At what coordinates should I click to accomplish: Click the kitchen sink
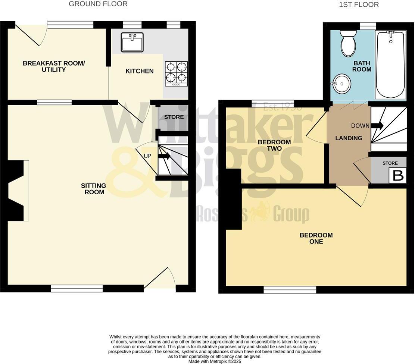[x=132, y=42]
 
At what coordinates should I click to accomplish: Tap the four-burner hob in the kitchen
[x=177, y=73]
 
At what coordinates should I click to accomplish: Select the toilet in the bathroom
[x=349, y=43]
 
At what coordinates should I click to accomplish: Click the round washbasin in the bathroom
[x=341, y=84]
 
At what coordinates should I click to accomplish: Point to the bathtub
[x=390, y=65]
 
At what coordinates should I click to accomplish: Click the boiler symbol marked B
[x=398, y=176]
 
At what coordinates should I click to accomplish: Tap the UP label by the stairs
[x=147, y=156]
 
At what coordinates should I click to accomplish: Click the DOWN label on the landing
[x=360, y=126]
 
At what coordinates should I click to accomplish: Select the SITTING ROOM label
[x=94, y=189]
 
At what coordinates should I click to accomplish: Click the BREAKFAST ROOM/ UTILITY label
[x=54, y=66]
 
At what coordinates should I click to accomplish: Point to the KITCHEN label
[x=140, y=71]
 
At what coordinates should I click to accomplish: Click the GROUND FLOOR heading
[x=98, y=4]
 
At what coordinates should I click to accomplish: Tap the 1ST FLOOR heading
[x=359, y=5]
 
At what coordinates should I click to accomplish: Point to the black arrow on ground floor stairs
[x=164, y=156]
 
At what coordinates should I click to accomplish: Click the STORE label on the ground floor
[x=174, y=117]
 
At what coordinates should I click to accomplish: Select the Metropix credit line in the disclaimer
[x=215, y=361]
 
